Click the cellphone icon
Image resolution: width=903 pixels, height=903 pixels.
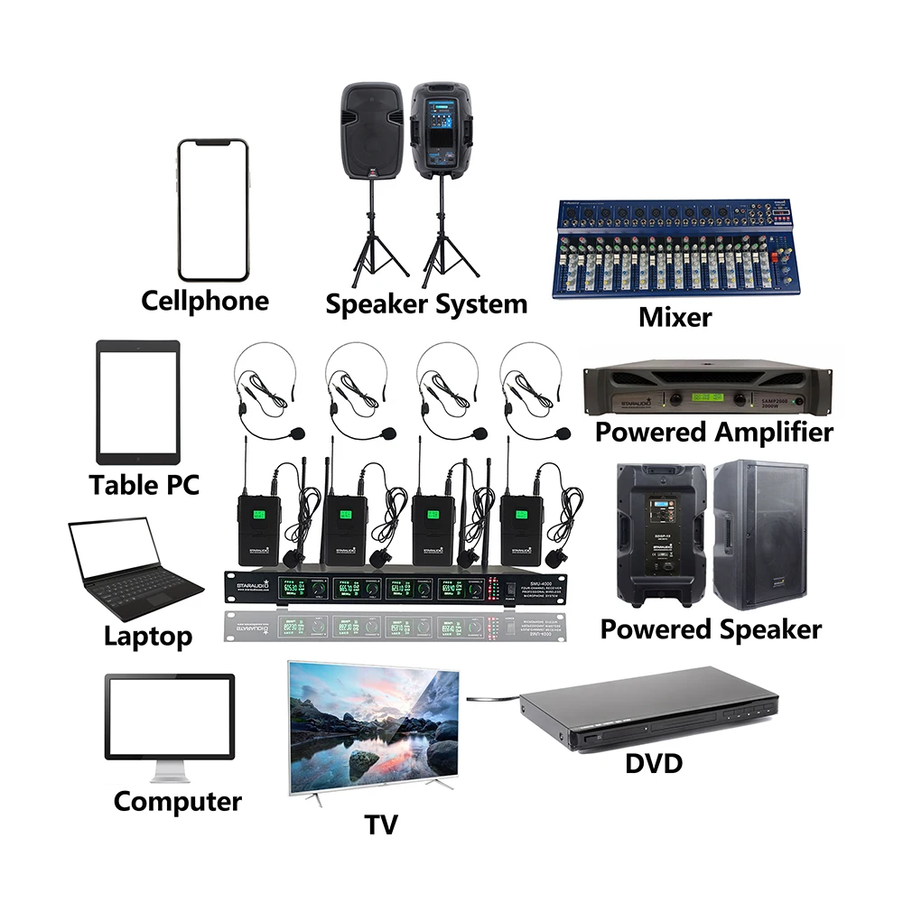tap(213, 209)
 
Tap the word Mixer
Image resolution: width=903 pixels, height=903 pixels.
tap(675, 317)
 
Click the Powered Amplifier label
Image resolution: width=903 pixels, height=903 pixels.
tap(713, 432)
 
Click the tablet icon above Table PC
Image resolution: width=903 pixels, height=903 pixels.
tap(138, 402)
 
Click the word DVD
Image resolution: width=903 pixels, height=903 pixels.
tap(654, 764)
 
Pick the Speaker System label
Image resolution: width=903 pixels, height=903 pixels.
tap(425, 303)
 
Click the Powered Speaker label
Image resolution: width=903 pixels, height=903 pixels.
tap(711, 628)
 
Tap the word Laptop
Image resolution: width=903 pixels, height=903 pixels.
tap(148, 636)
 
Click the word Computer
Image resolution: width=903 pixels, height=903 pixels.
tap(178, 801)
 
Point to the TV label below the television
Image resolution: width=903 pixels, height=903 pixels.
tap(380, 823)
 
